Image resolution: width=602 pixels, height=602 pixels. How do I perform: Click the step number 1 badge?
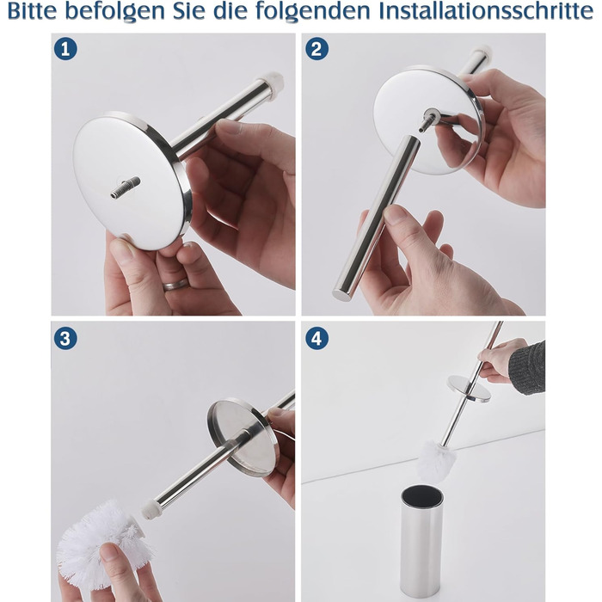pos(65,49)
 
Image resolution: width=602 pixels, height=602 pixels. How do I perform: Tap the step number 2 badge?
pos(316,49)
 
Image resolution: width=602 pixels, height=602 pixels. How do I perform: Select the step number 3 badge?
pos(65,338)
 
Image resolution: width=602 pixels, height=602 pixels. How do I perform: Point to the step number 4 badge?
pos(316,338)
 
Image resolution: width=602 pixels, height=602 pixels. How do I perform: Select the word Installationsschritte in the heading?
pos(486,11)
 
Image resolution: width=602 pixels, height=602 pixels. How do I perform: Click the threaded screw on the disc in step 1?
pos(126,187)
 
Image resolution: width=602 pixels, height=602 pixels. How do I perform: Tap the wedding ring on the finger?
pos(175,285)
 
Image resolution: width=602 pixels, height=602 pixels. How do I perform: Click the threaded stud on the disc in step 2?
pos(427,120)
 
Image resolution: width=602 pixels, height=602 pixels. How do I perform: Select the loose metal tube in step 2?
pos(377,218)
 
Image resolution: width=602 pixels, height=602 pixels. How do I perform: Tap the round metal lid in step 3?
pos(243,437)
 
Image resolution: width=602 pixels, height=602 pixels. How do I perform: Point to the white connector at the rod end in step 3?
pos(149,509)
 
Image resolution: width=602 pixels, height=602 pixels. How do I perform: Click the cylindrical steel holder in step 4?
pos(421,542)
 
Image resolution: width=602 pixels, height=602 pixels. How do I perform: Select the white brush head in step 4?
pos(436,461)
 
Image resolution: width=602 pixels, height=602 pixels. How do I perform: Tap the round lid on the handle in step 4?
pos(470,389)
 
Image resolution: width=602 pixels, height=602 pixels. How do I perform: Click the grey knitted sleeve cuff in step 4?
pos(528,367)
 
